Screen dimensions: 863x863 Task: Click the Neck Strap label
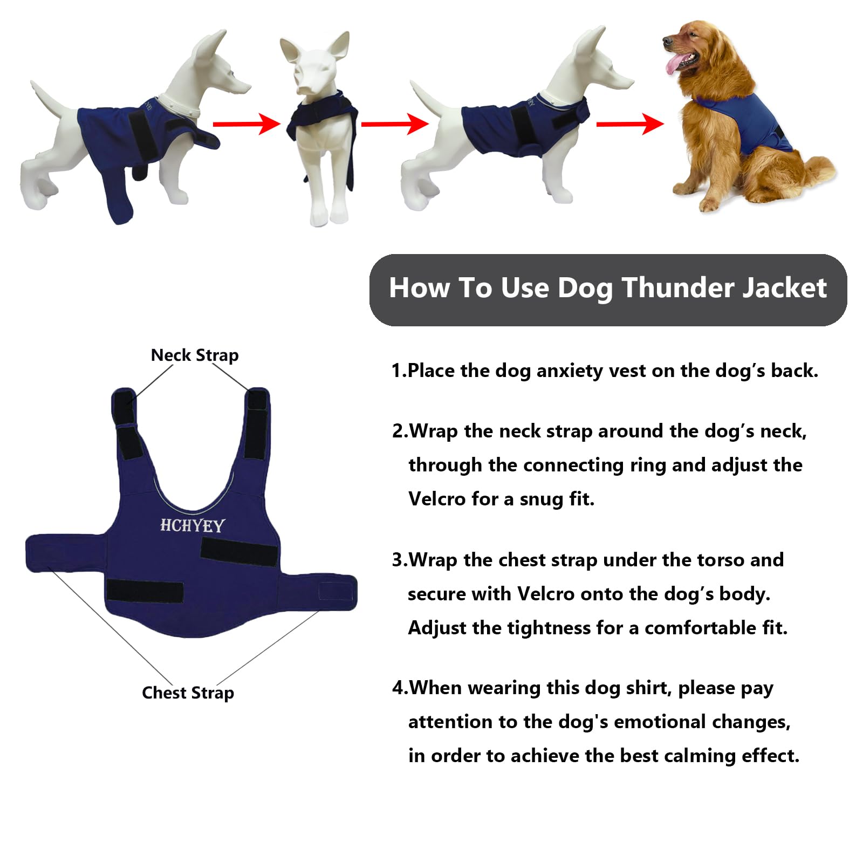(194, 355)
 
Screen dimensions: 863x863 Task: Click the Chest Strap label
(188, 693)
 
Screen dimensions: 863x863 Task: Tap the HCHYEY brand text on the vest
(192, 525)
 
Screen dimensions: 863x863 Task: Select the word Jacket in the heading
(784, 287)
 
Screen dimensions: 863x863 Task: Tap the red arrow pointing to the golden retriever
(629, 124)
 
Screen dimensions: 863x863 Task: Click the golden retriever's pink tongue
(672, 66)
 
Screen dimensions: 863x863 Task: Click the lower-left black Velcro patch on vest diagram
(145, 591)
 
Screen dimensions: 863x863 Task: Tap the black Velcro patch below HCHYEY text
(238, 551)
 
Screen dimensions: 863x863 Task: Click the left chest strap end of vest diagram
(54, 553)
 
